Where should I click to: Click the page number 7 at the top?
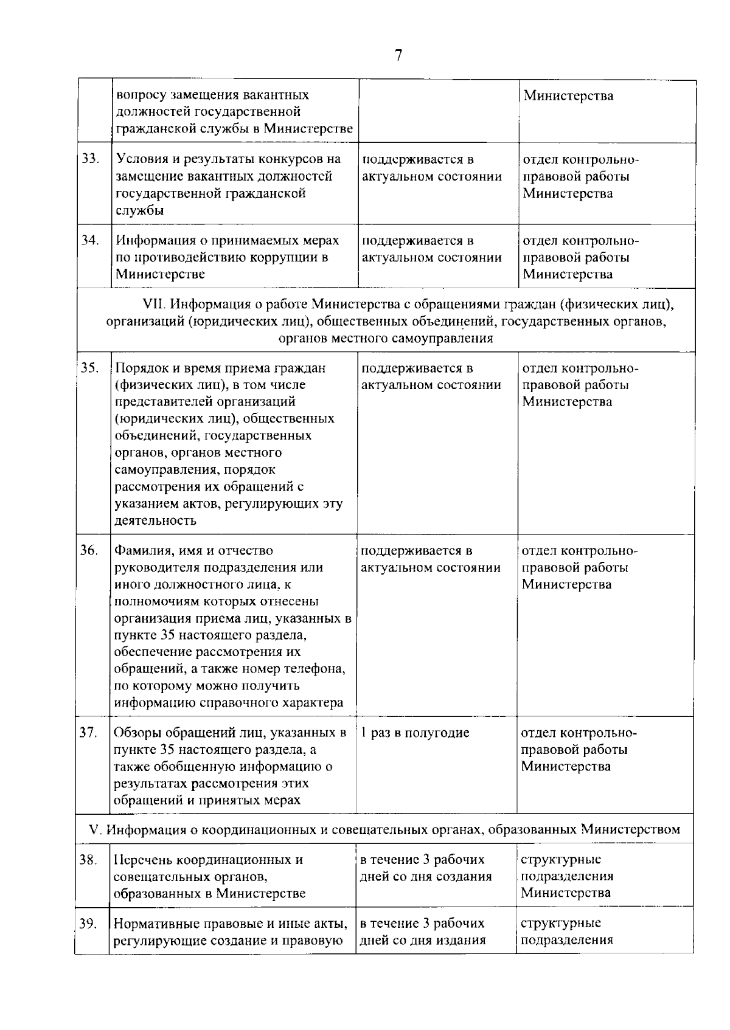[x=398, y=56]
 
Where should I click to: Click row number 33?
[x=90, y=159]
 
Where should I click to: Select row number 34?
[x=90, y=240]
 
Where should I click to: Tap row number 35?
[x=89, y=368]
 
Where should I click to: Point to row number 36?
[x=89, y=550]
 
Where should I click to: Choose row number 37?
[x=89, y=733]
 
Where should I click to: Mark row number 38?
[x=89, y=860]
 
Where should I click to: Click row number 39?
[x=89, y=924]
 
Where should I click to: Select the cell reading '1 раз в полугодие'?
[x=415, y=733]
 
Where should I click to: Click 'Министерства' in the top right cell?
[x=568, y=95]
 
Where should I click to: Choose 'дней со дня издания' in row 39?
[x=423, y=941]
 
